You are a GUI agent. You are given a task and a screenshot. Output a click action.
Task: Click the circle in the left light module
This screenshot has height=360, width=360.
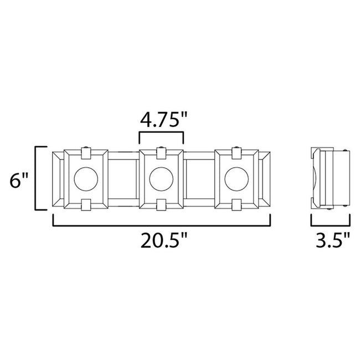click(x=86, y=178)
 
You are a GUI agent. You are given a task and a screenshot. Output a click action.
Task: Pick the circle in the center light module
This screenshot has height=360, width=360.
click(x=161, y=178)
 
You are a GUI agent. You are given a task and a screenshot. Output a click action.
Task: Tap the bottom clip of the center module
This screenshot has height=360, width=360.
click(x=161, y=205)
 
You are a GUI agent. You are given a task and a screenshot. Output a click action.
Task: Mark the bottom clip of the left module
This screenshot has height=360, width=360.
click(x=86, y=205)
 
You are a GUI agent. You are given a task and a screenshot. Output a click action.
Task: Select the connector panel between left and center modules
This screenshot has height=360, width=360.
click(x=123, y=178)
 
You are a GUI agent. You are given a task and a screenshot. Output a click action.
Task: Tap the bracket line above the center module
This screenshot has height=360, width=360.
click(x=161, y=133)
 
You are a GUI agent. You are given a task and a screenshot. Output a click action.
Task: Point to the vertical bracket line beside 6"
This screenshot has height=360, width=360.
click(x=37, y=178)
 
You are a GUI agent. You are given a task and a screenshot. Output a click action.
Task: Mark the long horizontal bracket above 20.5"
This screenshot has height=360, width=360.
click(x=162, y=225)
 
